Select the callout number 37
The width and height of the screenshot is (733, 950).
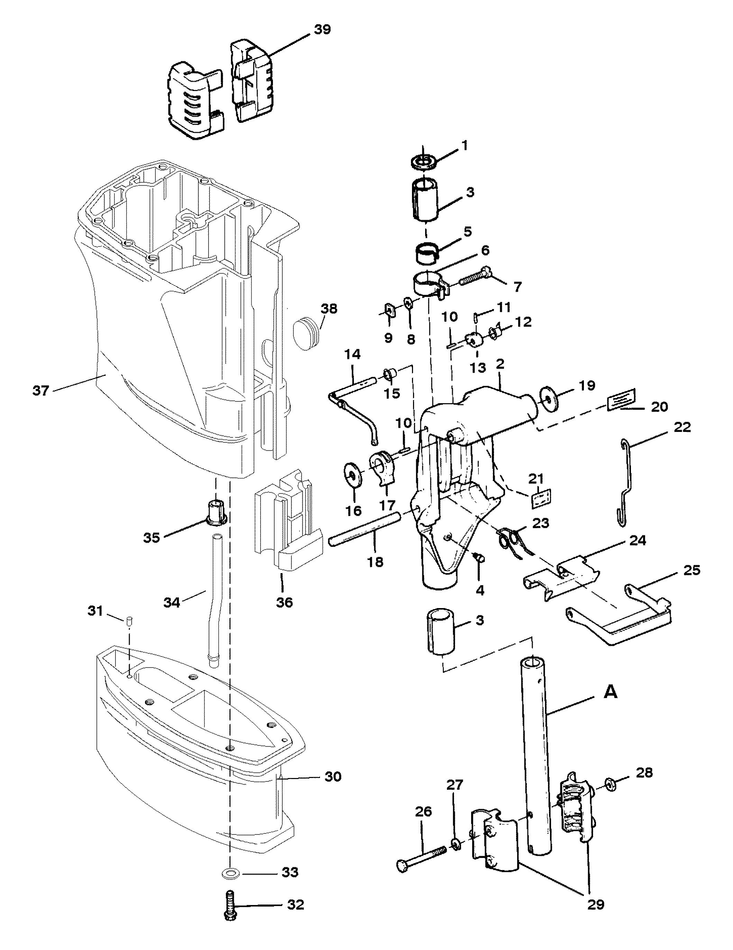[x=41, y=391]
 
